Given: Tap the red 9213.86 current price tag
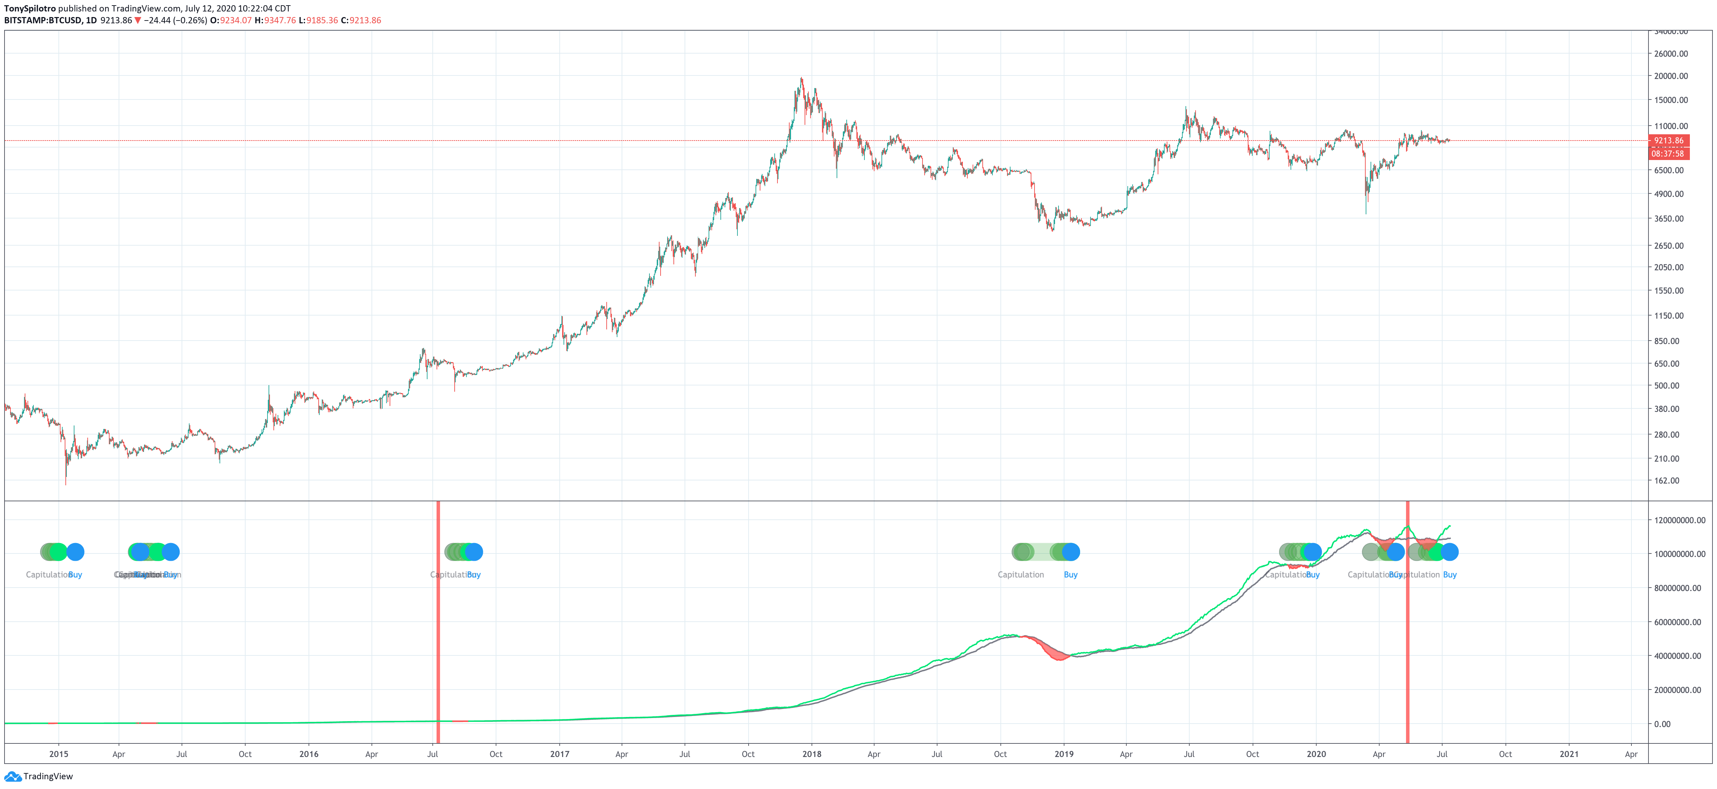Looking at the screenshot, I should (1668, 141).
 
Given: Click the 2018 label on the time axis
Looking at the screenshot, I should (812, 754).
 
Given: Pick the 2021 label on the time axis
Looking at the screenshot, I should (1569, 754).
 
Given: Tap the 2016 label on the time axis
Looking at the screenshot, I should (309, 754).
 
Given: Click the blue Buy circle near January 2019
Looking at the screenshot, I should (1070, 552).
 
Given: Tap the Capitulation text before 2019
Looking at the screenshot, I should (1021, 574).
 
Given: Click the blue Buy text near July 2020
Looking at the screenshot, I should (1450, 574).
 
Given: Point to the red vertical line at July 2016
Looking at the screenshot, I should (438, 620).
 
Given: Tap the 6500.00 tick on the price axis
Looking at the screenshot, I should (1668, 170).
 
